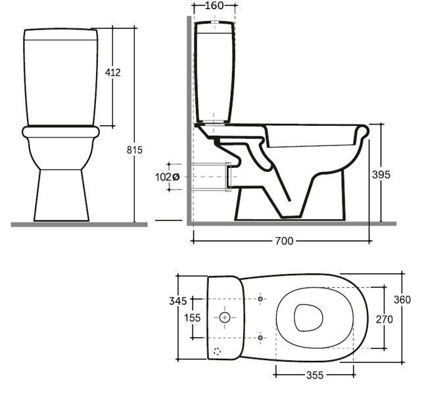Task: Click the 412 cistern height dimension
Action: (x=113, y=72)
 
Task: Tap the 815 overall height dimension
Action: (x=135, y=150)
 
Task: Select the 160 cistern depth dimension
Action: (x=214, y=5)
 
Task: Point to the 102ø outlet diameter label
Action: (x=167, y=177)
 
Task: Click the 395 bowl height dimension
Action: (x=381, y=174)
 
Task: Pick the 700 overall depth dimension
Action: (x=284, y=241)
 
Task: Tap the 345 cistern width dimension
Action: (x=177, y=301)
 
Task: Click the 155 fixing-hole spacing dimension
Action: (x=192, y=318)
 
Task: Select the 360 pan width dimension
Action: (x=402, y=300)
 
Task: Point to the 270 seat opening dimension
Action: (x=385, y=319)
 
